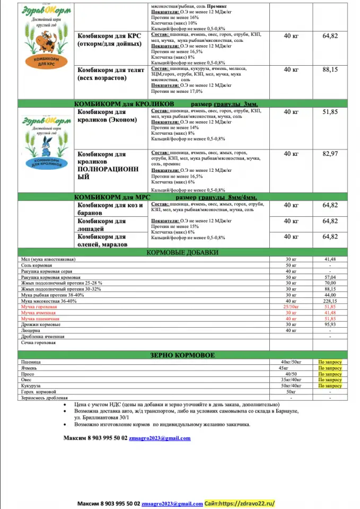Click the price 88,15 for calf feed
[330, 69]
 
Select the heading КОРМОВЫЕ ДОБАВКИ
[182, 253]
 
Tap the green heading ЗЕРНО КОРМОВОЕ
[182, 355]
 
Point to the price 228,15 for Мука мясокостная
[330, 301]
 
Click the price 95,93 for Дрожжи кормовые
[330, 324]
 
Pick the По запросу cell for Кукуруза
[330, 386]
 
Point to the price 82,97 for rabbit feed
[330, 154]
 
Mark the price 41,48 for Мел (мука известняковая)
[330, 259]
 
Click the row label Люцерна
[30, 330]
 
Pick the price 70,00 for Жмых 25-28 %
[330, 283]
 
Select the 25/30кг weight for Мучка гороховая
[291, 307]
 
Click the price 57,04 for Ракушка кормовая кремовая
[330, 277]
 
